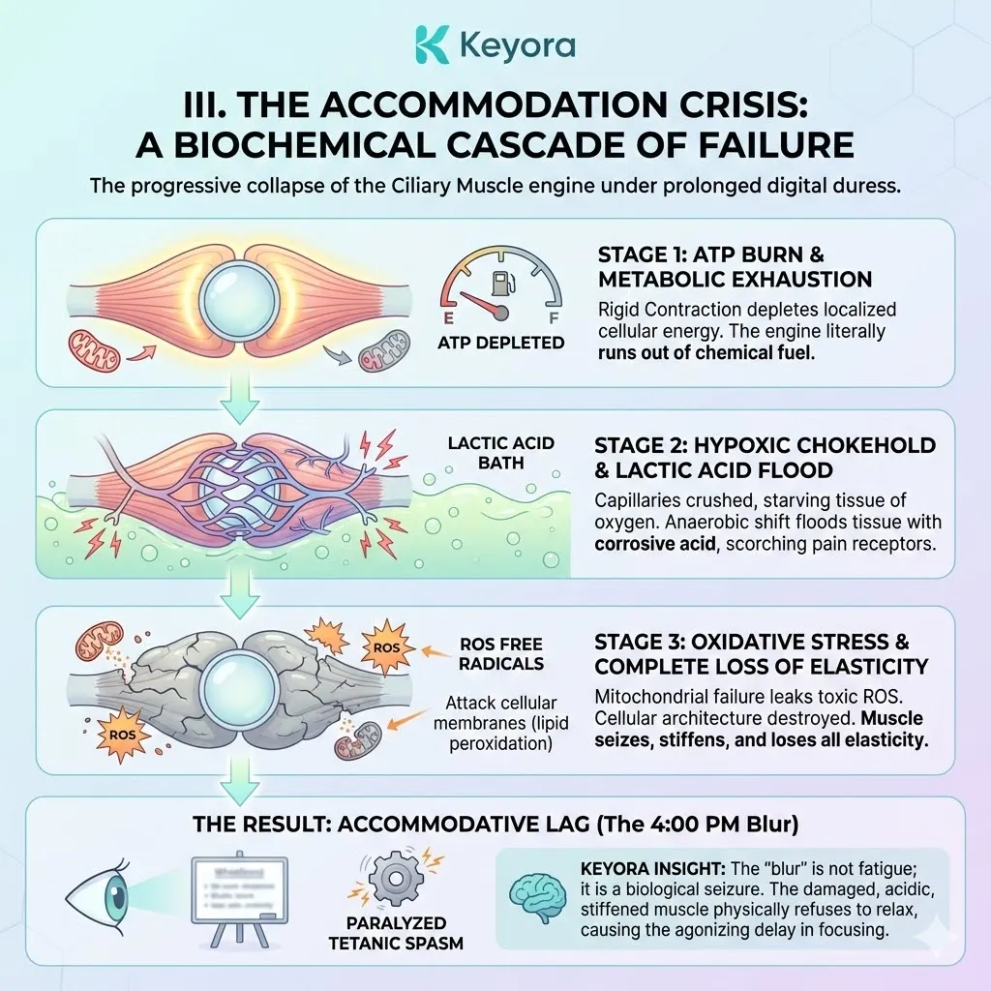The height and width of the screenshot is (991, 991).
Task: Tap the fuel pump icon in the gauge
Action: coord(500,284)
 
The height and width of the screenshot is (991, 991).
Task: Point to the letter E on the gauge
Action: coord(449,315)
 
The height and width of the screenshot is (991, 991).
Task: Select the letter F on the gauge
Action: coord(552,315)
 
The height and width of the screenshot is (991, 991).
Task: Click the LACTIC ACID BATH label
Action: coord(501,453)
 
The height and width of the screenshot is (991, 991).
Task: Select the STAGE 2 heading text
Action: coord(765,458)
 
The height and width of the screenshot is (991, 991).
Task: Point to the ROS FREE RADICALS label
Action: coord(502,654)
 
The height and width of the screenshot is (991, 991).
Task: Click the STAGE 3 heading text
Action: coord(761,654)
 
